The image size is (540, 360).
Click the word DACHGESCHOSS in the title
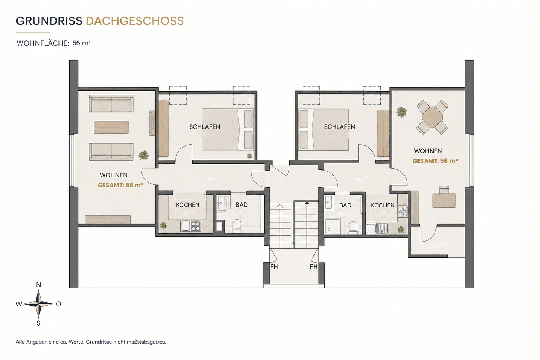[135, 21]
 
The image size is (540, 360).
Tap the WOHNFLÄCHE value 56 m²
[82, 43]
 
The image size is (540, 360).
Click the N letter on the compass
[38, 285]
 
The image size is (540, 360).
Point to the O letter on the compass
[58, 304]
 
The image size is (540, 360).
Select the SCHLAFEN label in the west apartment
[205, 127]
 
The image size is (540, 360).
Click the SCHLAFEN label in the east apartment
[339, 127]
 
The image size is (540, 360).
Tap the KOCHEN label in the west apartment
[187, 205]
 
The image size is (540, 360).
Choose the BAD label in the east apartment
[345, 205]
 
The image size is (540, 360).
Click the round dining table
[432, 117]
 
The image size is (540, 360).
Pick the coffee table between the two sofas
[111, 127]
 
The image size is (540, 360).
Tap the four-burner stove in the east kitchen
[403, 211]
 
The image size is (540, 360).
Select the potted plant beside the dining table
[402, 112]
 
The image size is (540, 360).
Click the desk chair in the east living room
[444, 190]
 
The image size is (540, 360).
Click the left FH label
[274, 267]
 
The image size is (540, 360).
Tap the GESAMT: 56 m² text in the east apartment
[435, 161]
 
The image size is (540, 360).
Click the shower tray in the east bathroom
[332, 226]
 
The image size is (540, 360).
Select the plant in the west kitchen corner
[163, 226]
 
